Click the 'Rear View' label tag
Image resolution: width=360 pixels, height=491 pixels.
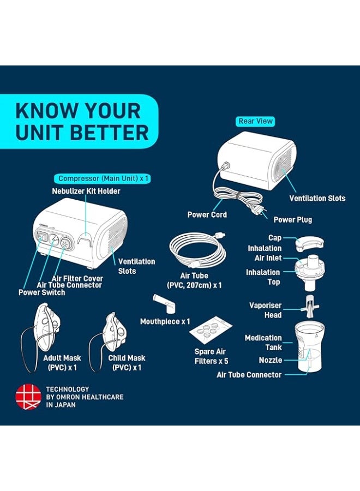click(x=255, y=121)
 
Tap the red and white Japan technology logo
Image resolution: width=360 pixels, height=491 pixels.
click(x=28, y=397)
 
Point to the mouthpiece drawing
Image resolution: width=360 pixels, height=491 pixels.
click(x=164, y=303)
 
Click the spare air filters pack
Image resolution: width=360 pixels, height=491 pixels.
click(x=211, y=330)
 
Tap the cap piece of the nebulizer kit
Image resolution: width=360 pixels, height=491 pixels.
click(x=310, y=244)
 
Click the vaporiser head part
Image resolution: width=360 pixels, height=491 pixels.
click(x=310, y=306)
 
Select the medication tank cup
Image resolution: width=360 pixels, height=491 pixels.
click(x=309, y=346)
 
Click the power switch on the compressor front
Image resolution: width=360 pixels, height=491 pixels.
click(x=41, y=237)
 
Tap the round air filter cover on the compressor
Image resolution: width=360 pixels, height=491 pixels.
click(x=65, y=243)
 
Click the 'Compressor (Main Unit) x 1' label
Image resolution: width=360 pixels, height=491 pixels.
click(x=103, y=179)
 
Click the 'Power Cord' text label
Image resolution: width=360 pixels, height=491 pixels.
click(x=207, y=215)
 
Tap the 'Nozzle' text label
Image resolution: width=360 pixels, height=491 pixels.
click(x=271, y=360)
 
